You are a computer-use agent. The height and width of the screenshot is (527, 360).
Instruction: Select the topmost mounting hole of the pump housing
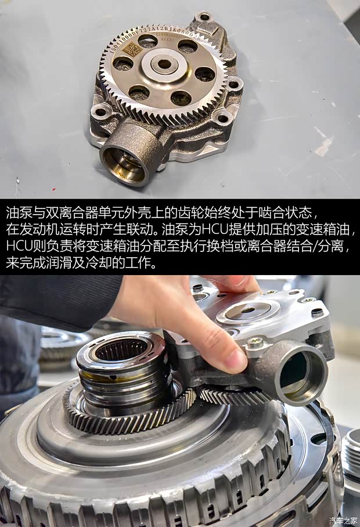tap(204, 17)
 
